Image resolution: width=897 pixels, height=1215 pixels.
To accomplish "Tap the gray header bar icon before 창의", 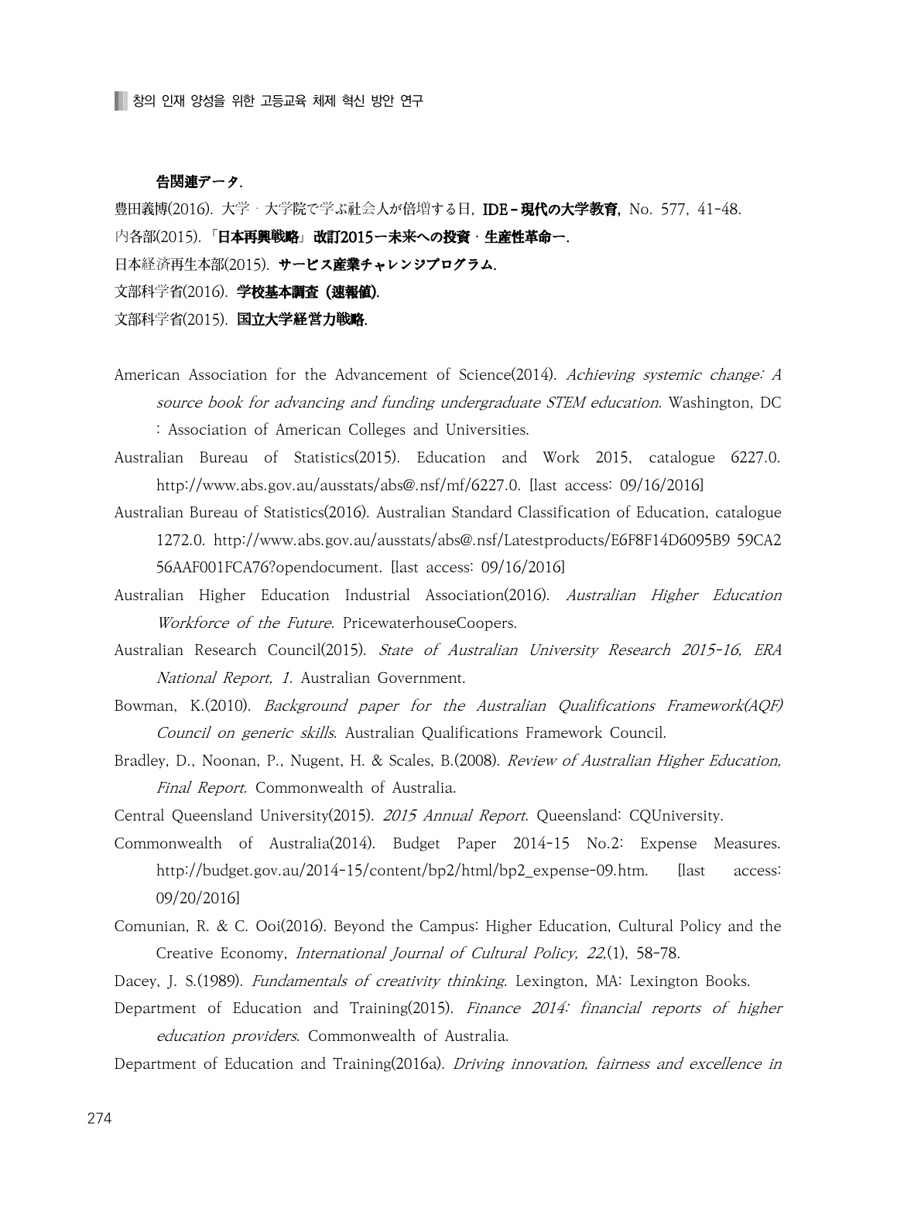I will pos(120,101).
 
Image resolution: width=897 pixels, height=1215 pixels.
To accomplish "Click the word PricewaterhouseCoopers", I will pos(429,623).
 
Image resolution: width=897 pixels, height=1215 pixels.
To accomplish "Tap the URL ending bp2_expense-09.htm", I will pos(402,871).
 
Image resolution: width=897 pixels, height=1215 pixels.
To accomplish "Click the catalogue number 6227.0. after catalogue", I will pos(755,458).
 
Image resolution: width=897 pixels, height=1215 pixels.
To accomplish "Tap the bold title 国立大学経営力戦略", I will pos(301,319).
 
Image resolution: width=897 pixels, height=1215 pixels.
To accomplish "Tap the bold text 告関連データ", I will pos(199,183).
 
